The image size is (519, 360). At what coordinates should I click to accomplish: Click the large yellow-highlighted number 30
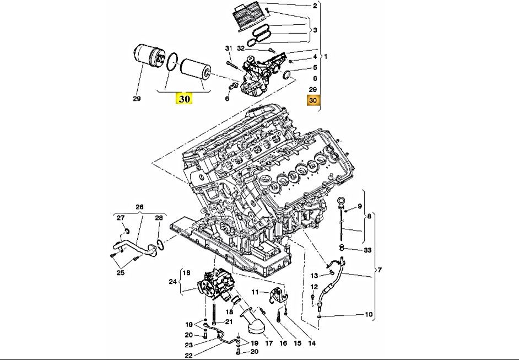(x=184, y=99)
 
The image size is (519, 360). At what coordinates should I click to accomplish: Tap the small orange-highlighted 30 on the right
(x=313, y=100)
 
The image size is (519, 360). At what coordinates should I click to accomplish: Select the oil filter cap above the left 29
(x=147, y=62)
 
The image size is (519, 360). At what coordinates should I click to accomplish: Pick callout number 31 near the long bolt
(x=229, y=49)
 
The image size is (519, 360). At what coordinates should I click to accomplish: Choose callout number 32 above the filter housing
(x=241, y=49)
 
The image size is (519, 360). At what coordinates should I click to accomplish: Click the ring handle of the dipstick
(x=342, y=202)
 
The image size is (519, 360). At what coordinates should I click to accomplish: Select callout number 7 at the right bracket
(x=379, y=270)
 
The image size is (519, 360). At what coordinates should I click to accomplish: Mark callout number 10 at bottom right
(x=369, y=315)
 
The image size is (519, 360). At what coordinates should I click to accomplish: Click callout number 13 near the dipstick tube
(x=315, y=275)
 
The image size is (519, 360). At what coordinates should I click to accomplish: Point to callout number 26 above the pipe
(x=139, y=207)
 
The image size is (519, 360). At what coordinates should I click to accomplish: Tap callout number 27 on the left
(x=121, y=218)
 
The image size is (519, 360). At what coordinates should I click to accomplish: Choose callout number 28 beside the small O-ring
(x=159, y=218)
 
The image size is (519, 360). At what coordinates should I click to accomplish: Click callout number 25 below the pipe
(x=121, y=272)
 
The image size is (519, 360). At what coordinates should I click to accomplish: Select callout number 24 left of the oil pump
(x=171, y=281)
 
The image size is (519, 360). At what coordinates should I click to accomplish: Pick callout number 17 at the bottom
(x=269, y=343)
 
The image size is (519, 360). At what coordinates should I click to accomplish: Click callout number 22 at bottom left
(x=188, y=354)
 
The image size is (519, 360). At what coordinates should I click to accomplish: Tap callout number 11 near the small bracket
(x=255, y=292)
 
